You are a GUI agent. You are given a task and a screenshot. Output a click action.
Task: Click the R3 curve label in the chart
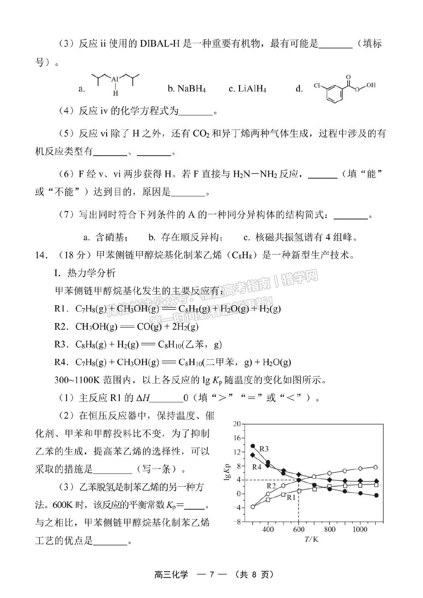pyautogui.click(x=264, y=449)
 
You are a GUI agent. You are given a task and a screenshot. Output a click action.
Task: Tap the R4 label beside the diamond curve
pyautogui.click(x=256, y=467)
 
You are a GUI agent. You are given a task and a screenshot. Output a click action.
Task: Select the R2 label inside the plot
pyautogui.click(x=272, y=486)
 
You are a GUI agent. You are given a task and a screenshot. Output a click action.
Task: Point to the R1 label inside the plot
pyautogui.click(x=291, y=497)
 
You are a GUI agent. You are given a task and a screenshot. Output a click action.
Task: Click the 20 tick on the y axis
pyautogui.click(x=237, y=424)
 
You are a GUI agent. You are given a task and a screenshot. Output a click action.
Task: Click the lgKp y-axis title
pyautogui.click(x=227, y=472)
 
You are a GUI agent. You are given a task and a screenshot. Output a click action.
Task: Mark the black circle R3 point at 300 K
pyautogui.click(x=253, y=446)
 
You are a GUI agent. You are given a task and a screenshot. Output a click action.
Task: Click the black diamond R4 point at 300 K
pyautogui.click(x=253, y=455)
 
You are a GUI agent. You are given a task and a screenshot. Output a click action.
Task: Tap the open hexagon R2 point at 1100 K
pyautogui.click(x=376, y=467)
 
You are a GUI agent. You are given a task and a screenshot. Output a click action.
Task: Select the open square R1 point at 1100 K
pyautogui.click(x=376, y=485)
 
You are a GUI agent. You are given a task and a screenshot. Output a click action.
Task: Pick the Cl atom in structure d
pyautogui.click(x=317, y=85)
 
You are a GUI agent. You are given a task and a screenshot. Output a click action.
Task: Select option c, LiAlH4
pyautogui.click(x=247, y=89)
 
